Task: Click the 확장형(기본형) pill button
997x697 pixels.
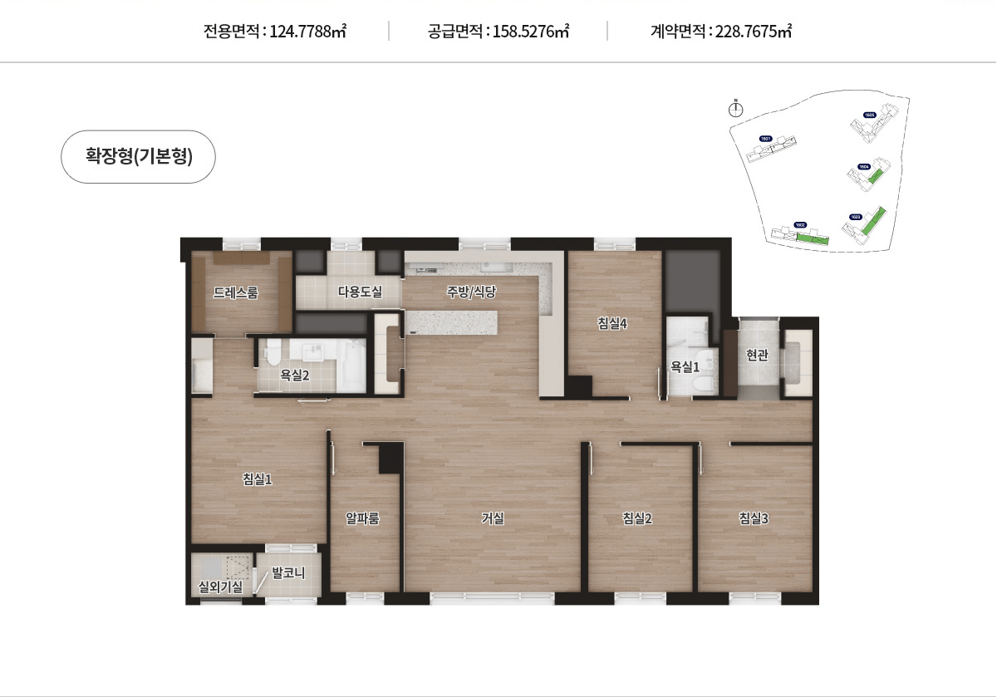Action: pos(139,156)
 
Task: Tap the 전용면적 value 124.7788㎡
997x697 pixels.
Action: pos(308,32)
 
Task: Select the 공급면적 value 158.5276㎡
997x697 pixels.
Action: pos(531,32)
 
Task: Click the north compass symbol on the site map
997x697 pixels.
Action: pos(735,108)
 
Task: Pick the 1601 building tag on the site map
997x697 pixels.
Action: pos(766,139)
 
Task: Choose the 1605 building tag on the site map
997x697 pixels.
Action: pos(869,115)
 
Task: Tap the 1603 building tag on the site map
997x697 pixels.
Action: pos(856,217)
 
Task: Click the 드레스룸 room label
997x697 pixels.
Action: pos(236,292)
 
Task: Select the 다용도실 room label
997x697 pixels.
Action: pos(360,292)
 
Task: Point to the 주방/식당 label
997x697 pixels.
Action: pos(471,292)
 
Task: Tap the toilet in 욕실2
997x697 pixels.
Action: pos(272,355)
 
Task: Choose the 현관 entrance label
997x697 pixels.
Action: pos(757,356)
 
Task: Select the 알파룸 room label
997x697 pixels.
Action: pos(363,518)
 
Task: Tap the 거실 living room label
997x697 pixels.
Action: pos(493,518)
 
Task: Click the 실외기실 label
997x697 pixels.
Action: pos(220,587)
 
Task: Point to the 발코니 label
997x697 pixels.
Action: pos(289,573)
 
